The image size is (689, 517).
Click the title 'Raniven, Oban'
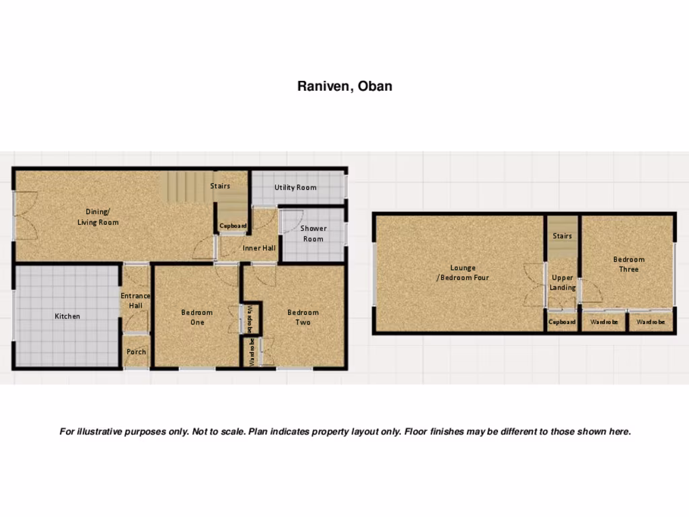(344, 86)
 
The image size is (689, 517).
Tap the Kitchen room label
(67, 316)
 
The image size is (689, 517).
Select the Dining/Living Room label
(98, 217)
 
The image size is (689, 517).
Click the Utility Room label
(295, 188)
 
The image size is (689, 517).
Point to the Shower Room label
(313, 234)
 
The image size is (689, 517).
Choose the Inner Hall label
(259, 248)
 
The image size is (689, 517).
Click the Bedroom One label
(196, 317)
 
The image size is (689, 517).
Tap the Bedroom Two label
(303, 317)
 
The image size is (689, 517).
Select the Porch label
(136, 352)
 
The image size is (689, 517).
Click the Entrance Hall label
(135, 301)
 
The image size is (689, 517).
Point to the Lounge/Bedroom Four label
(463, 273)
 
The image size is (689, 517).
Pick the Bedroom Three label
(628, 264)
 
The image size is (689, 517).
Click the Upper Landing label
(563, 283)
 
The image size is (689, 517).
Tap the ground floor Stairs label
(220, 186)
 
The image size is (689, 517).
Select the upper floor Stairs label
(563, 236)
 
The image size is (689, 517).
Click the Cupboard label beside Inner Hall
(233, 226)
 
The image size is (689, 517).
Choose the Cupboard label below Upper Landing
(562, 322)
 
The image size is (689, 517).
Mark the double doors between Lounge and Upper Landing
(534, 284)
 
